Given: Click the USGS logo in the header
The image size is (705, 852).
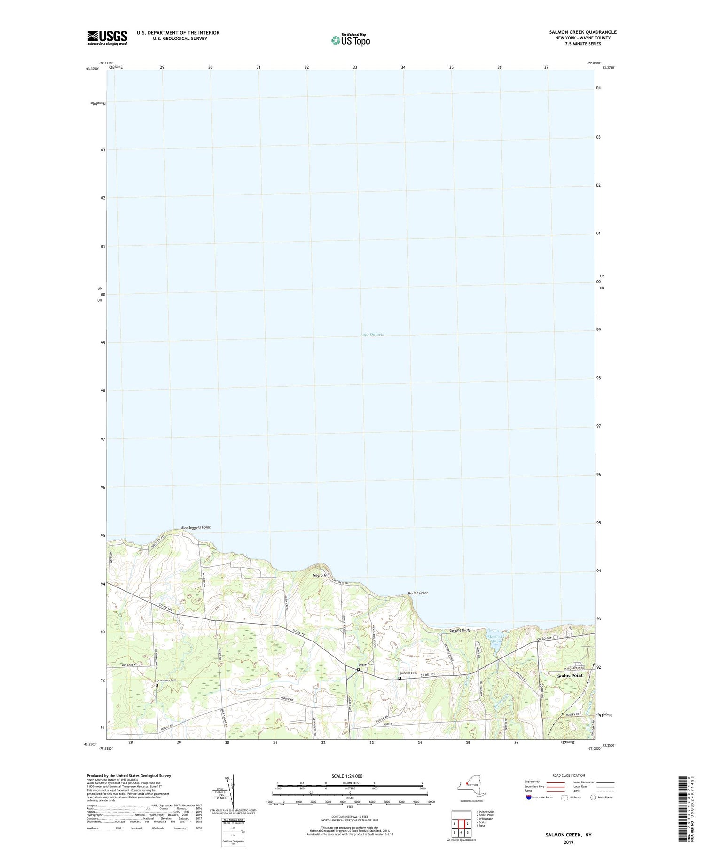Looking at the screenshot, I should [107, 38].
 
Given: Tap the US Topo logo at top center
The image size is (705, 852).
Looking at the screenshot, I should [350, 40].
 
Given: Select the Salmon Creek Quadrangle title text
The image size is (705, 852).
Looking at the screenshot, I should [583, 32].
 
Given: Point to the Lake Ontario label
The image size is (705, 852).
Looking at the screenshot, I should [372, 335].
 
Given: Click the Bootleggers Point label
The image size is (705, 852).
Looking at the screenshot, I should [196, 527].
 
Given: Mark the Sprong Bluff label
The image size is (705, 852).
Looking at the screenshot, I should [460, 630].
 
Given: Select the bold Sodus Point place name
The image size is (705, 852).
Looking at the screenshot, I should [570, 675].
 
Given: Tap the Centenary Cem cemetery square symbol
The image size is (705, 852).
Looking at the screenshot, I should [157, 685].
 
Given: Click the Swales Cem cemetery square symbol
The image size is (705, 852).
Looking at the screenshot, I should [358, 670].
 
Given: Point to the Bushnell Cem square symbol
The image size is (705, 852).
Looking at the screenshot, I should [399, 678].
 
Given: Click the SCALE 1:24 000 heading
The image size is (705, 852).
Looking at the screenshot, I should [350, 776].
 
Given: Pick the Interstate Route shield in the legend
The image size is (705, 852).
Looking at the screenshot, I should [529, 797].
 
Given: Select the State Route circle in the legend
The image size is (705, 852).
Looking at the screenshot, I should [594, 797].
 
